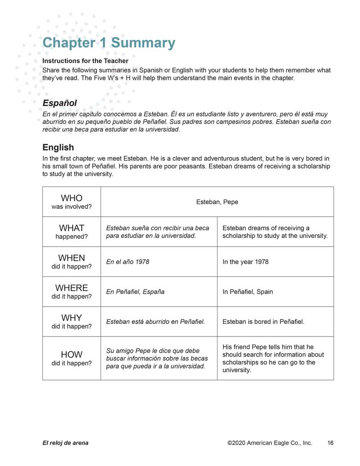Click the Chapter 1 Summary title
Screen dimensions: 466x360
point(109,43)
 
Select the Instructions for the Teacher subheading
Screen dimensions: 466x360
point(85,61)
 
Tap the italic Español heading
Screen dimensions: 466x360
point(60,103)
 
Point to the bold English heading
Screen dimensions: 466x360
point(58,147)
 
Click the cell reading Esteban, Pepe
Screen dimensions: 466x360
point(217,202)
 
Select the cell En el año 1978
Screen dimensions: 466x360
point(128,262)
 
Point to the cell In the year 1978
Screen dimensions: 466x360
point(245,262)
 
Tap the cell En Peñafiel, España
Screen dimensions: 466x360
point(136,292)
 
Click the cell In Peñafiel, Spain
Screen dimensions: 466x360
point(248,292)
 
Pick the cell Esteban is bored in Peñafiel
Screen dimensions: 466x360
point(264,322)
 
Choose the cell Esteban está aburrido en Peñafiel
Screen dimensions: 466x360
point(156,322)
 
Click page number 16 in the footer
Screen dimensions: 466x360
point(330,443)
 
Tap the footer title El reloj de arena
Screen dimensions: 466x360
point(65,443)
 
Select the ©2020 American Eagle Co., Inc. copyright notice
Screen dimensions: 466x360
point(270,443)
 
